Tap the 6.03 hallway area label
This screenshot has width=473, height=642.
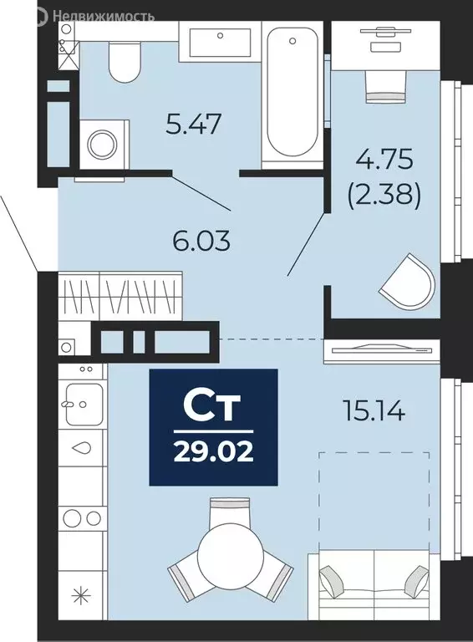[x=201, y=241]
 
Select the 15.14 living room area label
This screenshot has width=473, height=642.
[x=374, y=411]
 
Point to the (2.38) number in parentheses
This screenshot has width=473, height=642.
[x=384, y=195]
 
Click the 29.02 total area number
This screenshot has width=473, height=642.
[x=214, y=452]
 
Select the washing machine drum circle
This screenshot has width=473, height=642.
[x=104, y=145]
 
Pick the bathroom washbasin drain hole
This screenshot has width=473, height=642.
[x=220, y=36]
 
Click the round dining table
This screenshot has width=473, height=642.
[x=230, y=558]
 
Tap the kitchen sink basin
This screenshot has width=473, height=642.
[x=84, y=404]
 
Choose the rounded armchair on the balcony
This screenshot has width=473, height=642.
[x=407, y=282]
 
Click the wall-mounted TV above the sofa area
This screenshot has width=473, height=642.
[x=382, y=349]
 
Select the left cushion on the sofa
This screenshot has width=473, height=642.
[x=331, y=580]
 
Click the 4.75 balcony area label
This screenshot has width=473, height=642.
[x=384, y=160]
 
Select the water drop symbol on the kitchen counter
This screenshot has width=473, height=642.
[x=82, y=448]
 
